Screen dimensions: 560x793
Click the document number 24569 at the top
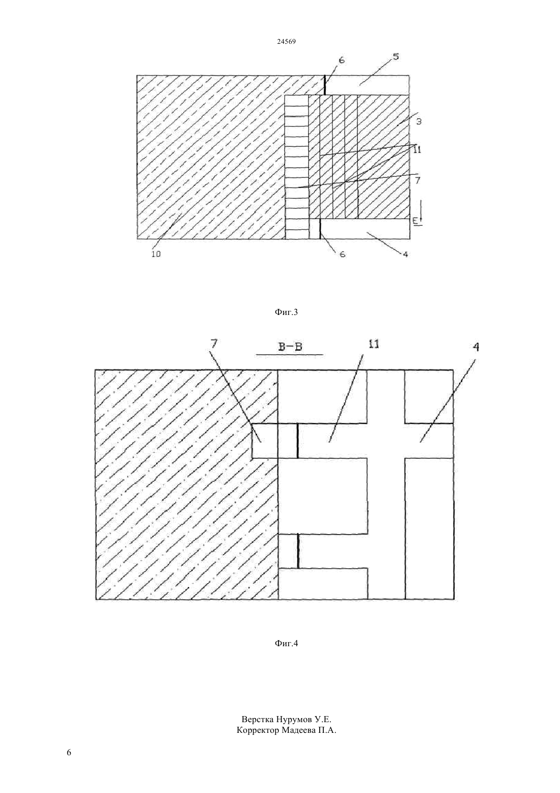pyautogui.click(x=286, y=42)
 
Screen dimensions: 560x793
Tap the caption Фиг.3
pyautogui.click(x=286, y=312)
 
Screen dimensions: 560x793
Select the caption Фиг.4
pyautogui.click(x=286, y=643)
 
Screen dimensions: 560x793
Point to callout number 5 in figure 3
pyautogui.click(x=396, y=57)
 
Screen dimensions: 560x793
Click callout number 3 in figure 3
pyautogui.click(x=418, y=121)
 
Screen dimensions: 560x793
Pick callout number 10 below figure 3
pyautogui.click(x=156, y=254)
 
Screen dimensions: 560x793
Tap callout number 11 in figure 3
pyautogui.click(x=417, y=150)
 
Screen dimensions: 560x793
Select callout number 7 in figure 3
pyautogui.click(x=417, y=180)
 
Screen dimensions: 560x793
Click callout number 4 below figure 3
pyautogui.click(x=406, y=254)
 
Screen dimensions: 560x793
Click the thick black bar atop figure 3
pyautogui.click(x=325, y=85)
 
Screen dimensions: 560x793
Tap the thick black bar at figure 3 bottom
pyautogui.click(x=320, y=229)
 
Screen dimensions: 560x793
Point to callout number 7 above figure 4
pyautogui.click(x=214, y=343)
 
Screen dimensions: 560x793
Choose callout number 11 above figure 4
pyautogui.click(x=374, y=343)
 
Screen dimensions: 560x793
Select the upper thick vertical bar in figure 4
pyautogui.click(x=298, y=441)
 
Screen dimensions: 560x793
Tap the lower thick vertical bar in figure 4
pyautogui.click(x=298, y=551)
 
